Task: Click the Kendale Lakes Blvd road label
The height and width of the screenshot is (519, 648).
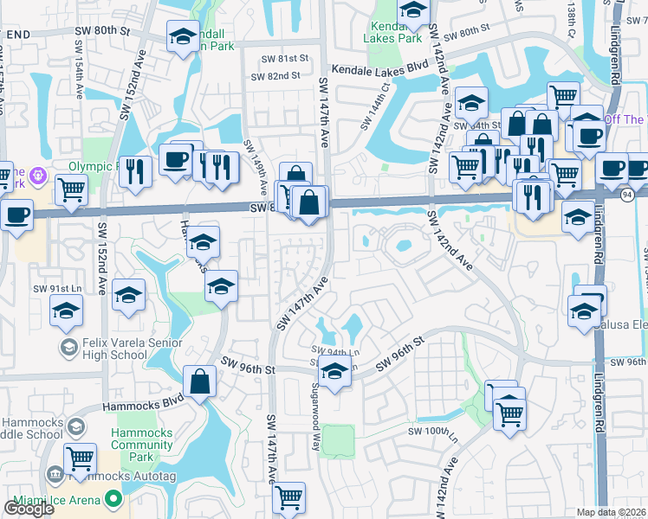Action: tap(380, 66)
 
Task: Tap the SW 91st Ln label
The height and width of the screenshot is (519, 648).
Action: tap(50, 288)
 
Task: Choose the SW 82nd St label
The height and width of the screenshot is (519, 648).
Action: tap(275, 76)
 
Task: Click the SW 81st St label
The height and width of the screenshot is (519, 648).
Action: tap(287, 58)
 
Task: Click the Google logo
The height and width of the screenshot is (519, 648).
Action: tap(29, 509)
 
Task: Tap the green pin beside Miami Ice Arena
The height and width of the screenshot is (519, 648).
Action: tap(112, 498)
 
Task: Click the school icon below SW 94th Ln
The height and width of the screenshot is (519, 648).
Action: tap(334, 371)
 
